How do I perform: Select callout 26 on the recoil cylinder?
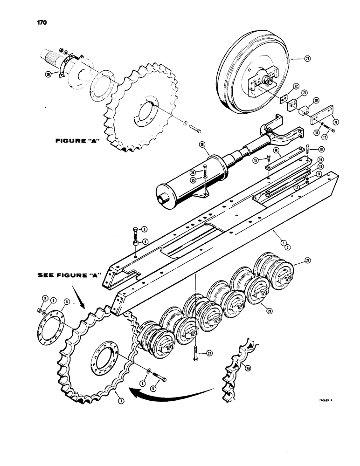point(202,144)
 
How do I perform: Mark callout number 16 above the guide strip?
point(276,150)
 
